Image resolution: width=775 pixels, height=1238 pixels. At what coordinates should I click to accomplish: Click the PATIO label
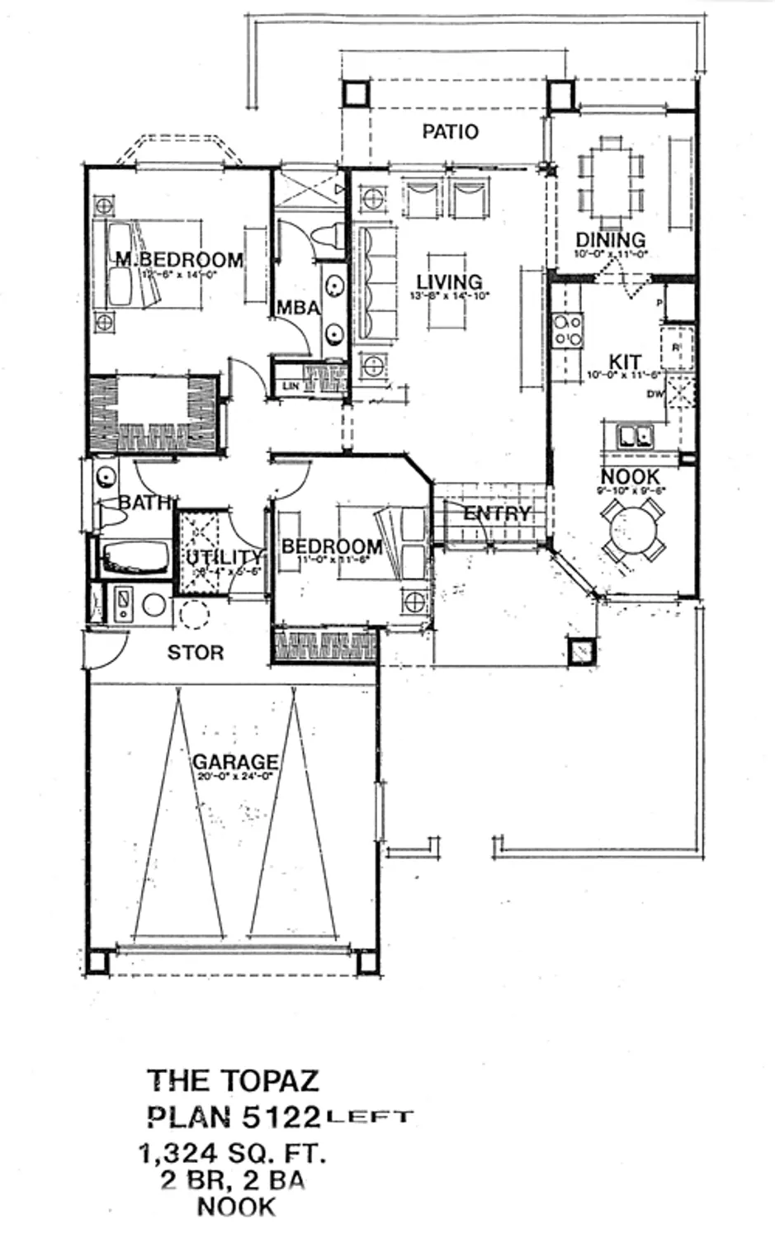450,131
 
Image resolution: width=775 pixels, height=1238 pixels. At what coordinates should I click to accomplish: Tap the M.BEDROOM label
179,259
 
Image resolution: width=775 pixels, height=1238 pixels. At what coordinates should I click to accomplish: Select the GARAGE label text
235,761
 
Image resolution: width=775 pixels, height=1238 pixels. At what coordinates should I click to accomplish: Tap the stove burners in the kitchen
568,330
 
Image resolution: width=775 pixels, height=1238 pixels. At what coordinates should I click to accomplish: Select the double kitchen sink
633,435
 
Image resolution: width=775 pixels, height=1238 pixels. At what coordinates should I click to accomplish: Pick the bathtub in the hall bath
132,559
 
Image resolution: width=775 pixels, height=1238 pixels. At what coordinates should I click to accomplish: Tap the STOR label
196,653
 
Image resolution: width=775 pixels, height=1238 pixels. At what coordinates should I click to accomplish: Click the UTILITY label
223,557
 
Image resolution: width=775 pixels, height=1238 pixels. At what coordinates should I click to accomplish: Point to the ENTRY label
497,513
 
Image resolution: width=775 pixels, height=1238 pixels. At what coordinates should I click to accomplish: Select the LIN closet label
291,385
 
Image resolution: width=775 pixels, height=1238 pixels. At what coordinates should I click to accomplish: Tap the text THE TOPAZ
233,1080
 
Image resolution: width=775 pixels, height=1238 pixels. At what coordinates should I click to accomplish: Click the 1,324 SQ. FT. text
234,1153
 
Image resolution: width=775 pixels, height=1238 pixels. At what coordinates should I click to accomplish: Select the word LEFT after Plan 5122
369,1118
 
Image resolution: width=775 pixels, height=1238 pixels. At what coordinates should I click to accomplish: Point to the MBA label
298,308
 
